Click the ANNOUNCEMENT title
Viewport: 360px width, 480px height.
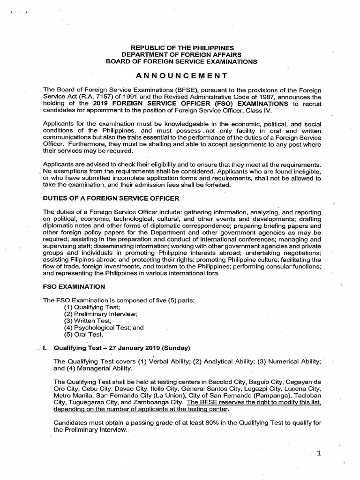tap(182, 75)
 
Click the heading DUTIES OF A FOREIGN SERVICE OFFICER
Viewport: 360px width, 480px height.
tap(111, 198)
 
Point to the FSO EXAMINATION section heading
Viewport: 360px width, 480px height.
tap(74, 286)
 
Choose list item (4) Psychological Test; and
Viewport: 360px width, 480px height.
tap(104, 328)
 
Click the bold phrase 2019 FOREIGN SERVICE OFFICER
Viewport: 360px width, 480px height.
tap(150, 104)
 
